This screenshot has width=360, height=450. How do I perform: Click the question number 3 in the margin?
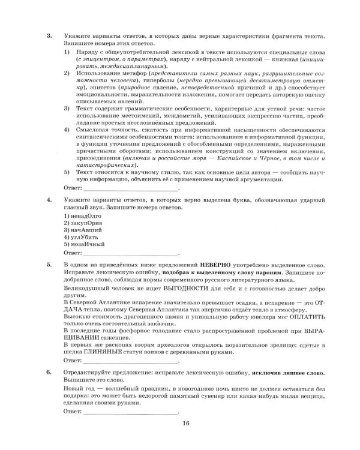pos(49,37)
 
